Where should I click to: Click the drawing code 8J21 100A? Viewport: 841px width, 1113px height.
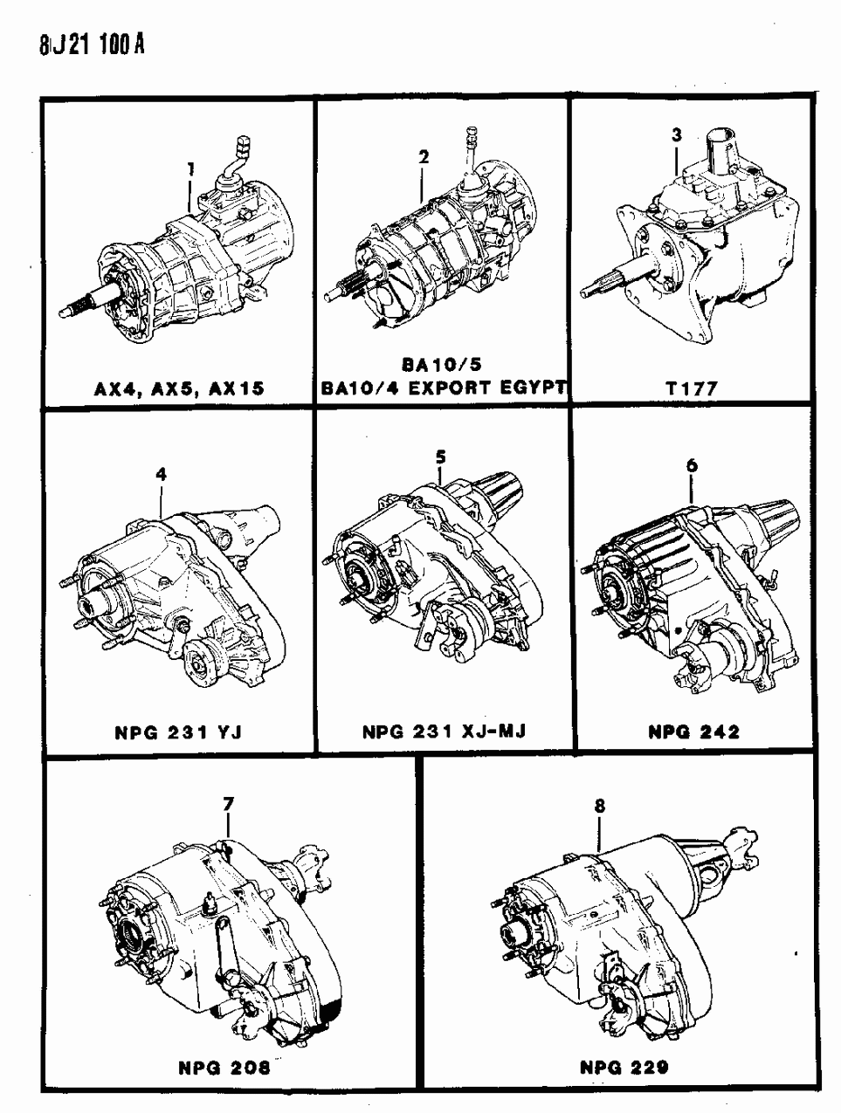[x=92, y=45]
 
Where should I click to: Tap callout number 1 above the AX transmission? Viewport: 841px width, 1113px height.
[x=190, y=168]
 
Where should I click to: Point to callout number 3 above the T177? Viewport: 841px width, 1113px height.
[x=677, y=135]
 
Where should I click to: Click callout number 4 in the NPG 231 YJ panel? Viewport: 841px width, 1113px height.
[x=161, y=474]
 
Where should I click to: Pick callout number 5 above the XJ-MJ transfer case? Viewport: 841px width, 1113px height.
[x=440, y=457]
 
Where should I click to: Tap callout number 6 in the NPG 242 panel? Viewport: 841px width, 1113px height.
[x=692, y=465]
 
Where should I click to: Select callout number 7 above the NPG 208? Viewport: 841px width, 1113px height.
[x=228, y=804]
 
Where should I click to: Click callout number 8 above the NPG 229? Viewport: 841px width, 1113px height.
[x=600, y=806]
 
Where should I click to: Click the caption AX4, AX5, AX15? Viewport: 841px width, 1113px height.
[x=180, y=388]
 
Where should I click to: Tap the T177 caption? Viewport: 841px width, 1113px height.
[x=692, y=388]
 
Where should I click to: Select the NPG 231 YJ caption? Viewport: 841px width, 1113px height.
[x=178, y=732]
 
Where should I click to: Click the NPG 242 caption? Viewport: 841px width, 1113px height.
[x=694, y=732]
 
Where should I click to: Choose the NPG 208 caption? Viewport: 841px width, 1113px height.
[x=224, y=1068]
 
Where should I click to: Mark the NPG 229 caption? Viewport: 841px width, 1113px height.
[x=624, y=1067]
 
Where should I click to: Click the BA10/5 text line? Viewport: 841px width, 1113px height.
[x=442, y=364]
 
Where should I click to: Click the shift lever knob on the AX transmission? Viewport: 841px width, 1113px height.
[x=244, y=146]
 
